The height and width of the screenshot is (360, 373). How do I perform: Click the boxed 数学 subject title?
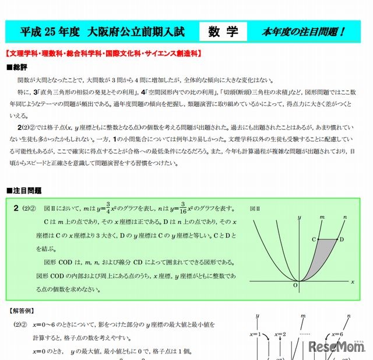click(223, 32)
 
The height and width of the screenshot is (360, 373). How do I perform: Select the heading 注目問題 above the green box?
click(26, 190)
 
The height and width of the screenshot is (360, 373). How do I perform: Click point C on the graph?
click(314, 239)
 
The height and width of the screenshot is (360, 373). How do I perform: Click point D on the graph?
click(342, 239)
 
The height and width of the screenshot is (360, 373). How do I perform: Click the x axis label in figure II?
click(353, 281)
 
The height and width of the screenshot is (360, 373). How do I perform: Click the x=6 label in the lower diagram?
click(337, 334)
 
